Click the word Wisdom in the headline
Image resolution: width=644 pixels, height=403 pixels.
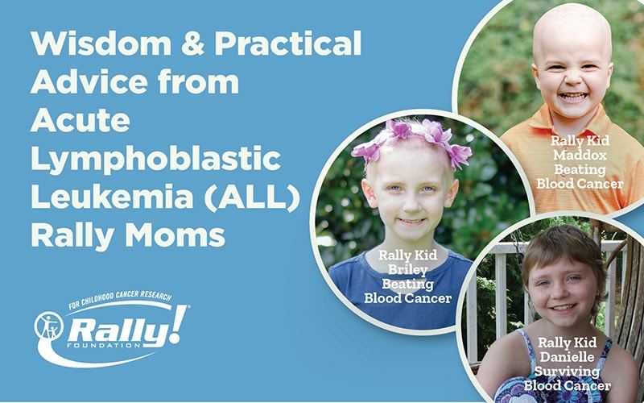[101, 44]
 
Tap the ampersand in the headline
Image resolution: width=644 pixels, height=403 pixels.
[192, 44]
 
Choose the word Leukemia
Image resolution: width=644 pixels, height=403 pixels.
[112, 197]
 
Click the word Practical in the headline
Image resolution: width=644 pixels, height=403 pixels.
[287, 44]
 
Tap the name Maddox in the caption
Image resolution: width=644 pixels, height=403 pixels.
[579, 155]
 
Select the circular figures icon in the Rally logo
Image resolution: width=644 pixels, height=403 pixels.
[49, 326]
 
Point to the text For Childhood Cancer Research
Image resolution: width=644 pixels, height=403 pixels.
[121, 299]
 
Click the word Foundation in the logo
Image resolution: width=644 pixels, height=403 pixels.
[104, 345]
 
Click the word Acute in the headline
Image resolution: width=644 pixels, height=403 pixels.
[80, 120]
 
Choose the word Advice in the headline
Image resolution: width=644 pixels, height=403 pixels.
[89, 81]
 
